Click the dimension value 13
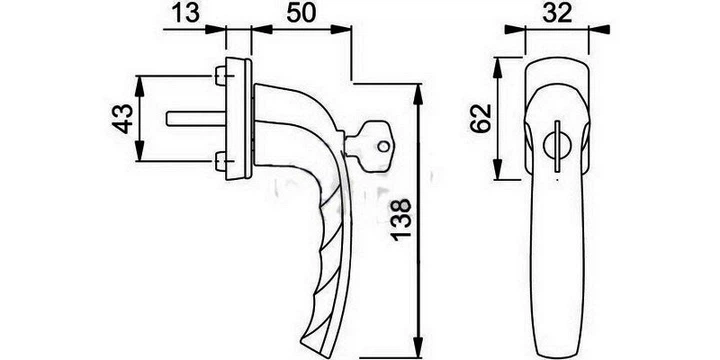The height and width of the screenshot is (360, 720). [x=186, y=13]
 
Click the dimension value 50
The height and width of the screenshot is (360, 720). [x=301, y=13]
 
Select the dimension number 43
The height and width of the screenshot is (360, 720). [x=123, y=119]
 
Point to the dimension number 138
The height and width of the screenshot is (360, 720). [x=401, y=218]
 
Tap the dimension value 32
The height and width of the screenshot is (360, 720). [x=557, y=13]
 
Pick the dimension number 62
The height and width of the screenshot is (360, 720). [x=481, y=118]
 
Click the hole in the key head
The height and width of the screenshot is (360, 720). [x=383, y=147]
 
